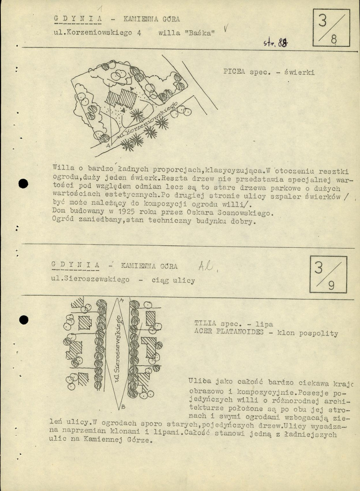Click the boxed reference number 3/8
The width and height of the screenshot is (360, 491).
[x=331, y=28]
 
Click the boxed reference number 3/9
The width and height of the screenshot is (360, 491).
[x=328, y=274]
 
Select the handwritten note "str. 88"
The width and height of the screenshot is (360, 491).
[x=275, y=43]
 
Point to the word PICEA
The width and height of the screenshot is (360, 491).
[x=234, y=71]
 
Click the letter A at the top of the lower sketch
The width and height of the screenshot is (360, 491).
[x=122, y=300]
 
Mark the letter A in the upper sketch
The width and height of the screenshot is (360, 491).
[x=108, y=146]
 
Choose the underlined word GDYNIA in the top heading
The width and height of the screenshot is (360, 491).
[x=78, y=18]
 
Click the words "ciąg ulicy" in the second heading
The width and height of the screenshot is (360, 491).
[x=173, y=280]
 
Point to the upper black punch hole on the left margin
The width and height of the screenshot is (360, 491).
[x=23, y=184]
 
